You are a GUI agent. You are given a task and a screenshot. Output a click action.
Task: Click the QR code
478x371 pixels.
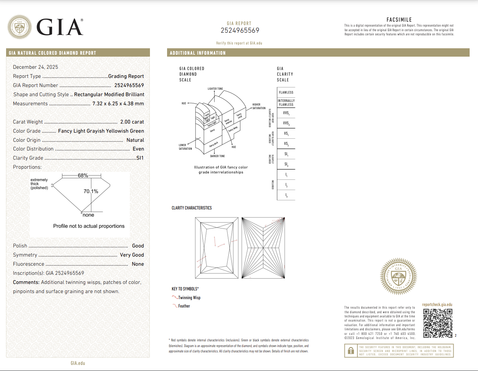coord(438,323)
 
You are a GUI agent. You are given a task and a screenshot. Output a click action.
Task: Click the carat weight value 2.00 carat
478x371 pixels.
coord(132,122)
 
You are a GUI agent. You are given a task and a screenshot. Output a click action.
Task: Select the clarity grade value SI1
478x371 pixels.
coord(140,158)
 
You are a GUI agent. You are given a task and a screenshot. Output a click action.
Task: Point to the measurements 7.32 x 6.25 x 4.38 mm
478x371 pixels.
coord(118,104)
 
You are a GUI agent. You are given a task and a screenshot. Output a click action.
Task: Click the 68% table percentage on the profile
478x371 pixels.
coord(83,176)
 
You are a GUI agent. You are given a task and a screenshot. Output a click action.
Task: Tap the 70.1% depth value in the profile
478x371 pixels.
coord(91,192)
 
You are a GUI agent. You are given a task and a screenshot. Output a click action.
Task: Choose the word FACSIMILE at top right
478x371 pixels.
coord(399,20)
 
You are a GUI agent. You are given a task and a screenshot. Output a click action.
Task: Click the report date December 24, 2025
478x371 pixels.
coord(35,67)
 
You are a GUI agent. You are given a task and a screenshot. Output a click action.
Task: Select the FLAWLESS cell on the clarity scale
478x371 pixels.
coord(286,92)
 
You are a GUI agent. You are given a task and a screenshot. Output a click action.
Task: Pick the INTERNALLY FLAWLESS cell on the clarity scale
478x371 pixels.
coord(286,103)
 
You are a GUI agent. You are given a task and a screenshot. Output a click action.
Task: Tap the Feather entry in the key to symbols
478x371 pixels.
coord(184,306)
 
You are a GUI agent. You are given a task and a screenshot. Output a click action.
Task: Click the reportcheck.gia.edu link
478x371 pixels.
coord(437,304)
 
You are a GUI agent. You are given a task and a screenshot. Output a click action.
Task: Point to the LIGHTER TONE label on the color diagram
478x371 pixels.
coord(215,89)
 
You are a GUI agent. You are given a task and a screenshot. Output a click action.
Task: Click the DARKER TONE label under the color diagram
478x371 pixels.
coord(217,156)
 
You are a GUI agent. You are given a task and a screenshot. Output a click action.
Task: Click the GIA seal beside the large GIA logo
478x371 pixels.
coord(20,27)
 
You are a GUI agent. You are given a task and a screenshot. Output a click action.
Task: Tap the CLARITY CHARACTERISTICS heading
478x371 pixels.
coord(191,208)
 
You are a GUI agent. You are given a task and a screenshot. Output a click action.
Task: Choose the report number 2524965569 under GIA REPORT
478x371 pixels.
coord(240,30)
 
